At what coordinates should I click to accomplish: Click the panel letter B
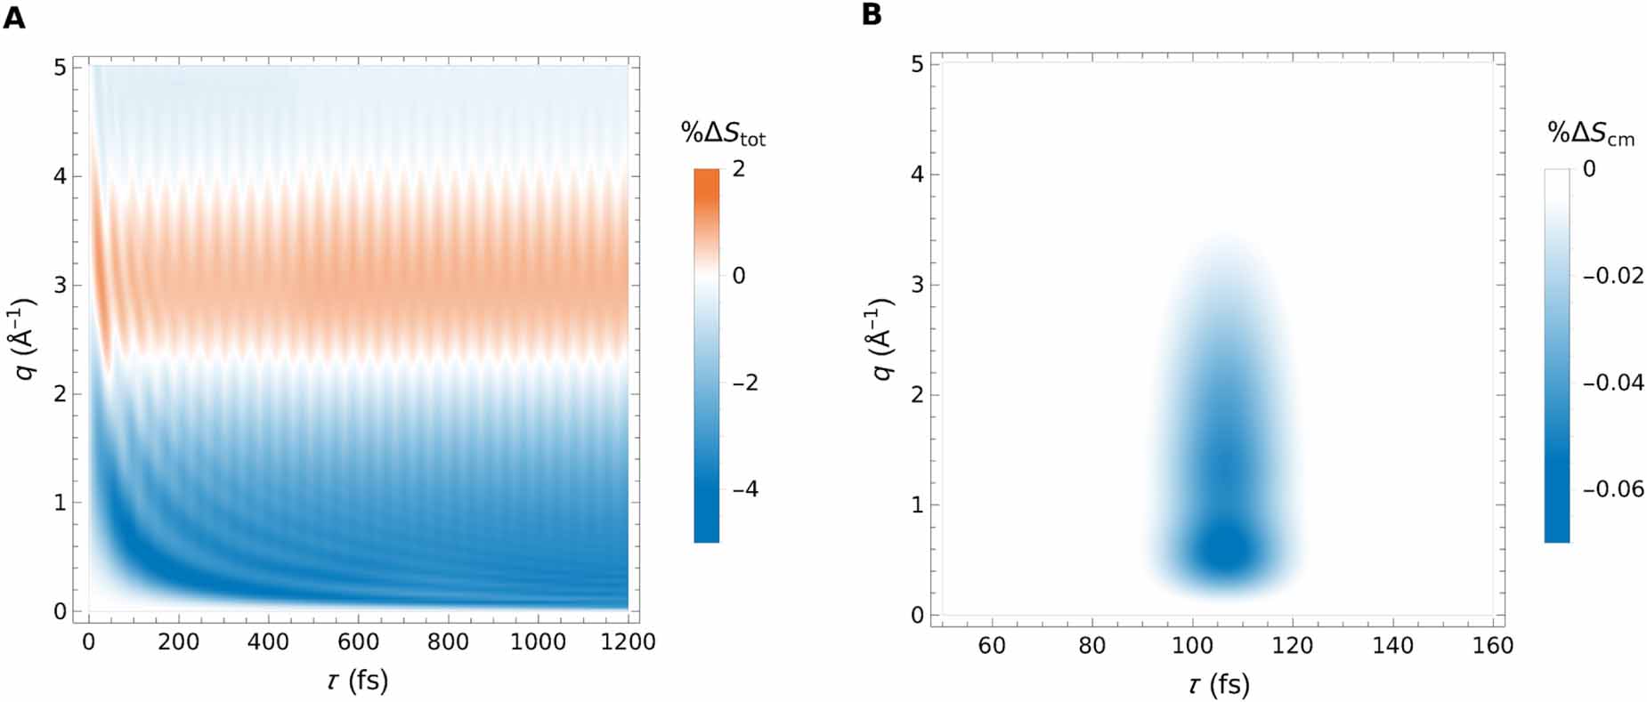[x=872, y=15]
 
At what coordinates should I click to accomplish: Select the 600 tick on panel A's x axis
[x=359, y=641]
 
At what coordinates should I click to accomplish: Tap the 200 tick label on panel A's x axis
[x=179, y=641]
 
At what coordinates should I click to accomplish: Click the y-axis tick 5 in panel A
[x=60, y=68]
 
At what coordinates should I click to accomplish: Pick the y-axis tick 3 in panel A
[x=60, y=286]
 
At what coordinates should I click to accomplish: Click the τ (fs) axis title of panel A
[x=356, y=681]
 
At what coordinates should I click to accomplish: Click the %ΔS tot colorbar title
[x=723, y=133]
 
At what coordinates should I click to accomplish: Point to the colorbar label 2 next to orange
[x=738, y=168]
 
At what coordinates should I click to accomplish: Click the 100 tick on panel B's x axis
[x=1192, y=646]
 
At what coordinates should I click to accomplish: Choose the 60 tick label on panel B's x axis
[x=992, y=646]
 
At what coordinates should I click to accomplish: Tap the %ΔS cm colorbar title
[x=1590, y=133]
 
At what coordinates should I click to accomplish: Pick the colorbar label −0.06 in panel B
[x=1612, y=489]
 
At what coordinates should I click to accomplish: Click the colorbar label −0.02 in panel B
[x=1612, y=276]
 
